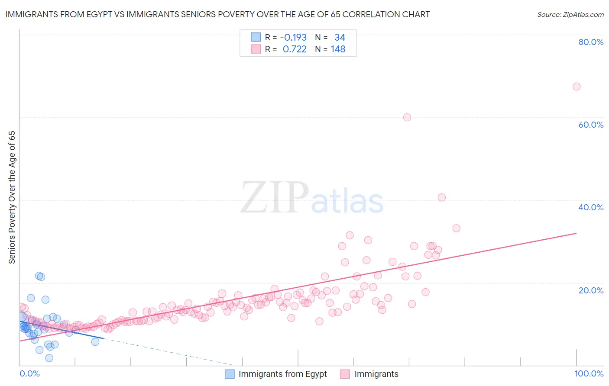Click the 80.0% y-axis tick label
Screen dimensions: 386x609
pyautogui.click(x=591, y=42)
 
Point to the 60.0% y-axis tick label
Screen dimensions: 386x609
pyautogui.click(x=591, y=125)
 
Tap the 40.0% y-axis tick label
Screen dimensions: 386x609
pyautogui.click(x=591, y=207)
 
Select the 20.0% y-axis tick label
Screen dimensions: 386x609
pyautogui.click(x=591, y=290)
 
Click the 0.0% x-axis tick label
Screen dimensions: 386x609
pyautogui.click(x=29, y=373)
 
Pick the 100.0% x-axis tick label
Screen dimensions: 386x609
pyautogui.click(x=589, y=373)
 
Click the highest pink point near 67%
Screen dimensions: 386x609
pyautogui.click(x=576, y=87)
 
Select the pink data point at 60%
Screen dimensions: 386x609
pyautogui.click(x=407, y=117)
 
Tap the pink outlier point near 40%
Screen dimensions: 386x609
pyautogui.click(x=441, y=197)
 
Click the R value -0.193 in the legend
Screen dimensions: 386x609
pyautogui.click(x=293, y=38)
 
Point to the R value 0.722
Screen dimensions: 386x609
pyautogui.click(x=295, y=49)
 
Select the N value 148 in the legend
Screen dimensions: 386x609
pyautogui.click(x=338, y=49)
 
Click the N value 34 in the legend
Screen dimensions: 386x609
pyautogui.click(x=340, y=38)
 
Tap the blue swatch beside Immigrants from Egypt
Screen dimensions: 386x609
pyautogui.click(x=230, y=374)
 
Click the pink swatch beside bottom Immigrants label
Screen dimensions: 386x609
pyautogui.click(x=345, y=374)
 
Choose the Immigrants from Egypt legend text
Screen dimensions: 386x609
pyautogui.click(x=282, y=374)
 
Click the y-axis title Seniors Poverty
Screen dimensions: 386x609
pyautogui.click(x=12, y=197)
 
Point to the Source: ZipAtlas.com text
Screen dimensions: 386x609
pyautogui.click(x=570, y=15)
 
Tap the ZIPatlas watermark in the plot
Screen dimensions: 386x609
pyautogui.click(x=312, y=198)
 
